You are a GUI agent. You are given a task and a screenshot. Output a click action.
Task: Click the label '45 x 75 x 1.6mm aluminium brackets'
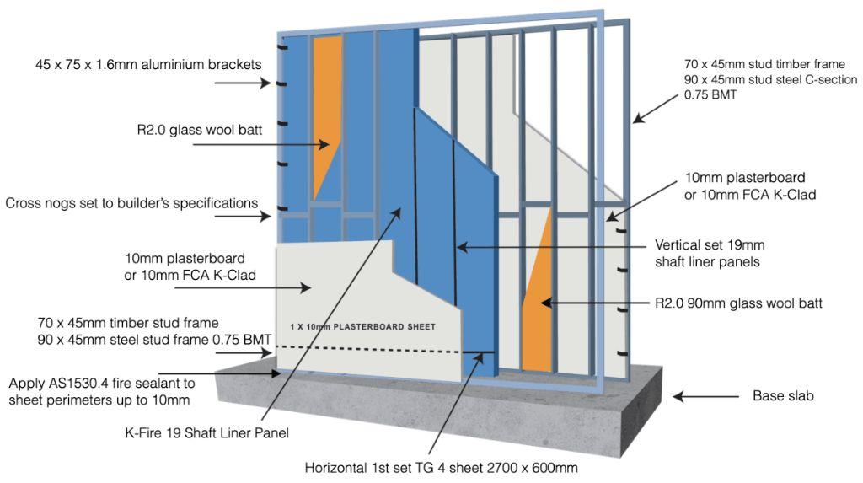[148, 64]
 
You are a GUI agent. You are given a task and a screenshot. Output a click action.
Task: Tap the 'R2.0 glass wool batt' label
[199, 130]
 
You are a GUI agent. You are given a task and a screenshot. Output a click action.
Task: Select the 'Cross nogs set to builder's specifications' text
[131, 203]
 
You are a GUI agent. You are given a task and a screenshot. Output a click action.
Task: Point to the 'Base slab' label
[783, 395]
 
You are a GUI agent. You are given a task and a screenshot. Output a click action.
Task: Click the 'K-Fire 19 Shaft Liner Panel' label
[207, 433]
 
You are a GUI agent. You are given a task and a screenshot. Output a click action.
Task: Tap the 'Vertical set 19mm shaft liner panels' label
[710, 254]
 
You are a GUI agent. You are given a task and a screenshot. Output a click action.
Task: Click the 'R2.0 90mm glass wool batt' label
[738, 303]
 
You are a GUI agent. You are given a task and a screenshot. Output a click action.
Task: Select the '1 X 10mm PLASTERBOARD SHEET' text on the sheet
[362, 326]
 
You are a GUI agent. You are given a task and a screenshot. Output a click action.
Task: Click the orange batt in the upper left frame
[325, 110]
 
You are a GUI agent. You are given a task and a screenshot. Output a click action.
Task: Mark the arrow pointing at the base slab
[705, 396]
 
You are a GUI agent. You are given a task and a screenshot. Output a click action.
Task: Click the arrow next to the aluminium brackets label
[243, 83]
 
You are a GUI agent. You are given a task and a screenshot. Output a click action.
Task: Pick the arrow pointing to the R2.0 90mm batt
[595, 303]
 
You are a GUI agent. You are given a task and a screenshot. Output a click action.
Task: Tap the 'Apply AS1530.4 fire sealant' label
[102, 392]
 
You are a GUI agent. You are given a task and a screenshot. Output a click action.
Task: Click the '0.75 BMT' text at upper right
[710, 94]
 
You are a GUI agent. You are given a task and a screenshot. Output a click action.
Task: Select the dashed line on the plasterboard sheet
[386, 349]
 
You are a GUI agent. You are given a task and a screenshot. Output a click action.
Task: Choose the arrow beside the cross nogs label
[243, 216]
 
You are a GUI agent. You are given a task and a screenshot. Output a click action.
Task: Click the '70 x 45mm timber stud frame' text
[128, 323]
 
